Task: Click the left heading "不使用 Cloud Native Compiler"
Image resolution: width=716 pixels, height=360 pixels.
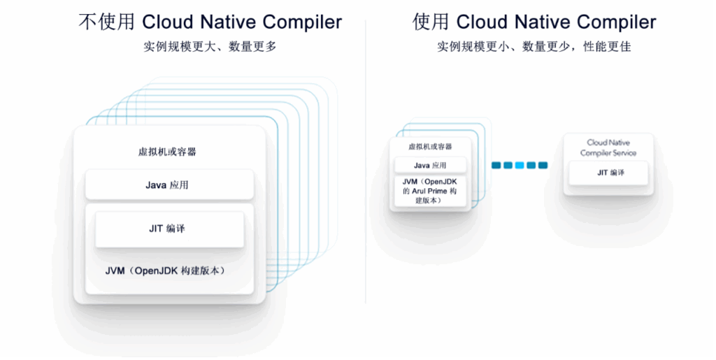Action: click(210, 22)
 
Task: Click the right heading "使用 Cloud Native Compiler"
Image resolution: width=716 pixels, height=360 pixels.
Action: click(534, 22)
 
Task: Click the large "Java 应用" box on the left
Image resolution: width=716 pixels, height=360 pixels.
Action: click(169, 185)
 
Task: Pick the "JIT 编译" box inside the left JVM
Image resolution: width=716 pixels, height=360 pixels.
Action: click(169, 229)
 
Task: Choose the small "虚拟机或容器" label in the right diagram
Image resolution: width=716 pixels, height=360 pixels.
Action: click(430, 147)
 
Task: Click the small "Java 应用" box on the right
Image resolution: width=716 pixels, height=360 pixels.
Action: click(430, 166)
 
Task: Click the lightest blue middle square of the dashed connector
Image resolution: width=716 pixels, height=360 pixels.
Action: click(520, 166)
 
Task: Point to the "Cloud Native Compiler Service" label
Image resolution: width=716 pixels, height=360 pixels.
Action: click(608, 147)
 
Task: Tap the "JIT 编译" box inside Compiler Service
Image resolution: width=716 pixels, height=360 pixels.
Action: click(609, 173)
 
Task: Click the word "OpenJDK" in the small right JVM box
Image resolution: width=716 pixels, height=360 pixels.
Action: click(441, 182)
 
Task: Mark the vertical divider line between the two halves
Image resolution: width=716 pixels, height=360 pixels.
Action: click(365, 161)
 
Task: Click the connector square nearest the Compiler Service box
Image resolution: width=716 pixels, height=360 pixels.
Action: click(543, 166)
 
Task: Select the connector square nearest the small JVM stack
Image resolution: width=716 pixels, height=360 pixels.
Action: click(496, 166)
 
